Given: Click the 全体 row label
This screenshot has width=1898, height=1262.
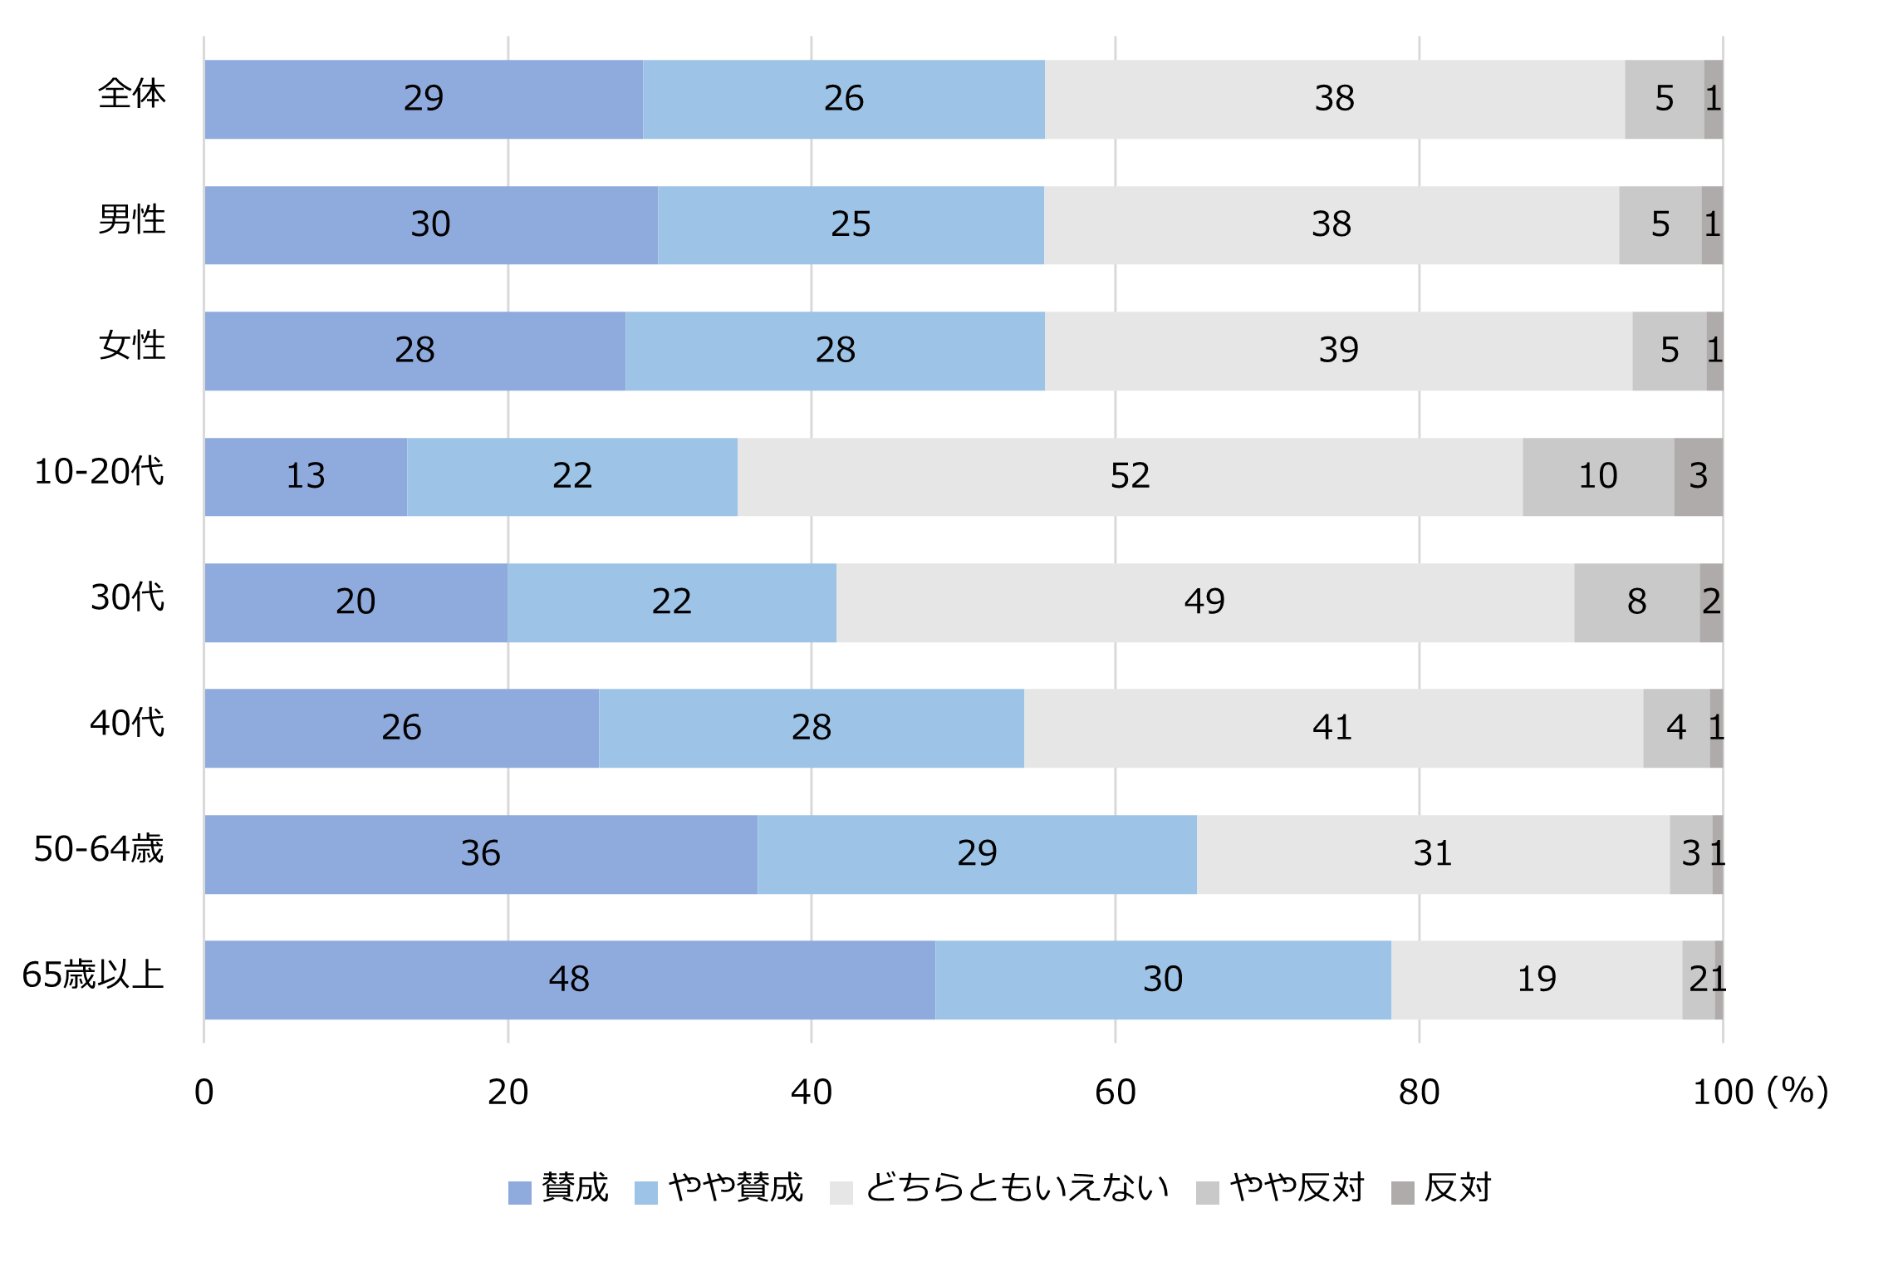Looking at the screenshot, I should point(131,94).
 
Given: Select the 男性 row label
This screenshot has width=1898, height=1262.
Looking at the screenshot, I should point(131,220).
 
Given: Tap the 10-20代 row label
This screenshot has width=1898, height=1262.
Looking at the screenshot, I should point(99,472).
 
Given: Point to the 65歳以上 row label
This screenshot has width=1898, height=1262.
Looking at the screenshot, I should point(93,975).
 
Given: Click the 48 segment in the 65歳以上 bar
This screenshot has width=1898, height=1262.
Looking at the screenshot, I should point(569,980).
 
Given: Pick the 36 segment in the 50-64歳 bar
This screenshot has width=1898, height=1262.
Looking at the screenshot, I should point(480,854).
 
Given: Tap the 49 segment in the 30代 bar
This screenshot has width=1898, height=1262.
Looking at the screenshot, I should point(1204,602).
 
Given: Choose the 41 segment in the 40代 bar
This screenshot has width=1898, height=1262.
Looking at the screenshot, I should point(1332,729).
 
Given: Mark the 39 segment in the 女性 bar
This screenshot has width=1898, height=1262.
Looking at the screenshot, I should point(1338,351).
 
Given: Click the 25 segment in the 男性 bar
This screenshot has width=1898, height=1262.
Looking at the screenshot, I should point(851,225).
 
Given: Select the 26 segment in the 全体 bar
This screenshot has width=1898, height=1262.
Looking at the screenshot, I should point(843,99).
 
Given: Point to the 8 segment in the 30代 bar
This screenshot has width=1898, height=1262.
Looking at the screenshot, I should point(1636,602).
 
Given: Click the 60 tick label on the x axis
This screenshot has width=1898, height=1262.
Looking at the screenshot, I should point(1115,1093).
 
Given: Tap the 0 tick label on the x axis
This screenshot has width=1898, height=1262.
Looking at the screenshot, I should point(204,1093).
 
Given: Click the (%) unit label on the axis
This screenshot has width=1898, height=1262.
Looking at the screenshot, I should point(1797,1092).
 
